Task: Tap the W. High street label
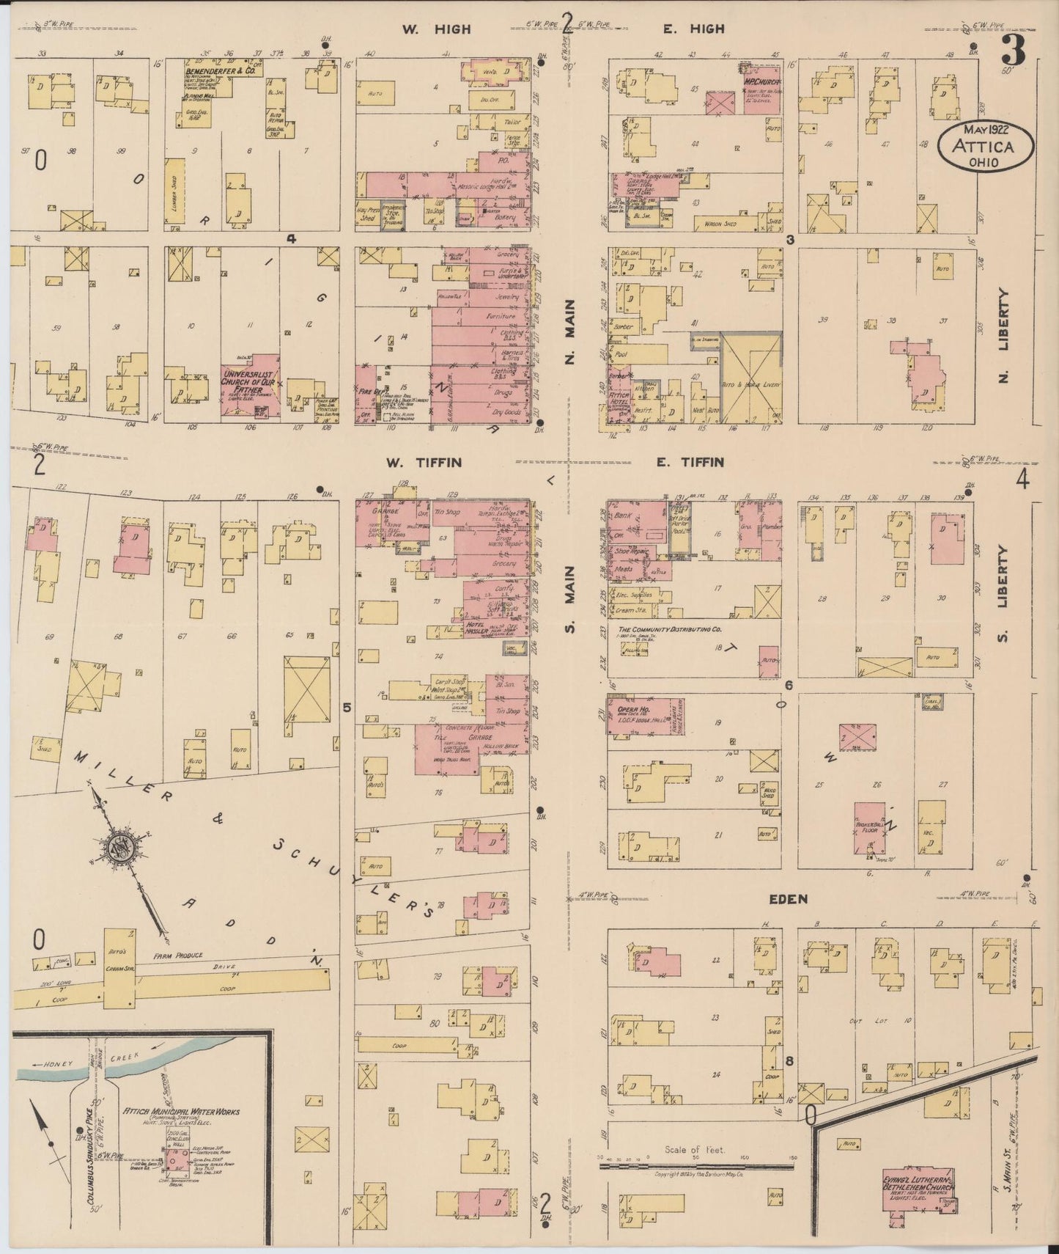(437, 29)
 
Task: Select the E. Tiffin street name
(690, 462)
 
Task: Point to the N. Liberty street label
(1003, 334)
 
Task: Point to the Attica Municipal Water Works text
(182, 1112)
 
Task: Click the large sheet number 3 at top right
(1014, 50)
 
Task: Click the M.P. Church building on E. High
(760, 92)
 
